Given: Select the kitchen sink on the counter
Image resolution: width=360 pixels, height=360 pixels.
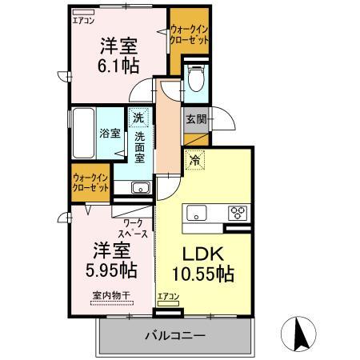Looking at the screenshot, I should [197, 212].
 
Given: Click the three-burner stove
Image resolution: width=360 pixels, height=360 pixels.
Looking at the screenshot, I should [238, 212].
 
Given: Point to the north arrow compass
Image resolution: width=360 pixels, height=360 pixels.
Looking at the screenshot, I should [301, 334].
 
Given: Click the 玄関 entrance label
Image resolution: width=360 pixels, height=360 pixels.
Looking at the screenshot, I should [196, 120].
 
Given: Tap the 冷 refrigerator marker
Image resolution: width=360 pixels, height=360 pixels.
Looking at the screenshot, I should [194, 160].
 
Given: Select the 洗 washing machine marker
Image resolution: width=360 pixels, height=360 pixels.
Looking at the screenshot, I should [138, 118].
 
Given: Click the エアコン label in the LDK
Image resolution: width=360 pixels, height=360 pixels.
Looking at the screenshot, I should [168, 297].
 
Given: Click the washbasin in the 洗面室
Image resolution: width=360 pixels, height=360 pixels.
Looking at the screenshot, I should [139, 188].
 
